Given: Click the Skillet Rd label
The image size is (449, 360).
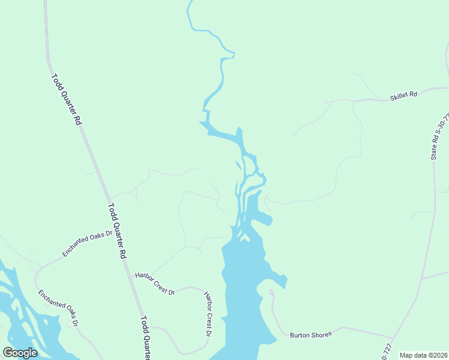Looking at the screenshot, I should pos(403,95).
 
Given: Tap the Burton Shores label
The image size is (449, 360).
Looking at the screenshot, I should pos(310,334).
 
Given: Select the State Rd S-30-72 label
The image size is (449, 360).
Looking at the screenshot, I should pos(439,137).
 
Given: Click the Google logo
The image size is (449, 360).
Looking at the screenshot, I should pos(20,353).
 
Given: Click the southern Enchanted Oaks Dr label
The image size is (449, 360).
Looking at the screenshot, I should pos(59,308).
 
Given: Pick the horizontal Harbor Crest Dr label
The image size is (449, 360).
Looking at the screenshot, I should pos(154,284).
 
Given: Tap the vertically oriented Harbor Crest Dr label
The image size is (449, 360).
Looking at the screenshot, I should pos(209,314).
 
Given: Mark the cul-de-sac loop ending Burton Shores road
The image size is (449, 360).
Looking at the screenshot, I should pos(271,292).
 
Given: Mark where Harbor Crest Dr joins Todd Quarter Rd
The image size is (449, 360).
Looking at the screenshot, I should pos(131,275).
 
